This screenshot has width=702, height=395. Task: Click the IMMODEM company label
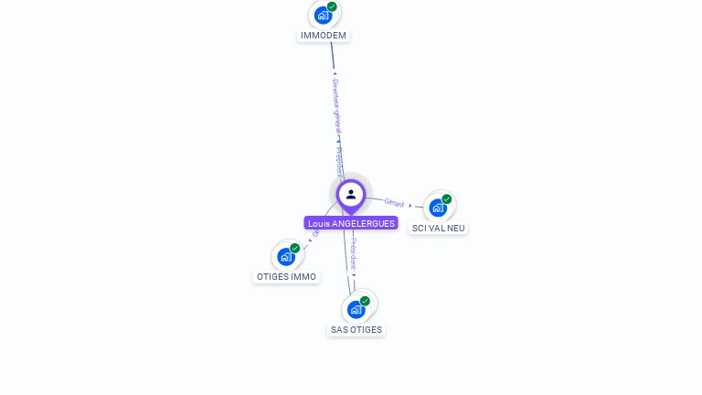tap(324, 36)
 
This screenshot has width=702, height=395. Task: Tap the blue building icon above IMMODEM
tap(323, 16)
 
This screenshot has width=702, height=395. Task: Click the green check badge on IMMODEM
tap(332, 6)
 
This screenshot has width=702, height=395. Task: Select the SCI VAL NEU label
tap(439, 228)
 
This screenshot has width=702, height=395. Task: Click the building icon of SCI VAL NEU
tap(438, 208)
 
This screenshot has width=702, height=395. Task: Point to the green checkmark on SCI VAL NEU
tap(447, 199)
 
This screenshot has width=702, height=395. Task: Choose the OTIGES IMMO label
tap(286, 276)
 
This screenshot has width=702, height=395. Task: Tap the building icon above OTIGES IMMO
tap(286, 257)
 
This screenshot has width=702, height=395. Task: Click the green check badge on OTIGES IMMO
tap(295, 248)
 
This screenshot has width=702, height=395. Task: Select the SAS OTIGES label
tap(356, 329)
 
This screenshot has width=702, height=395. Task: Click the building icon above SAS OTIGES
tap(356, 310)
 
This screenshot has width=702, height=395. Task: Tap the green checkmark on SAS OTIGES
tap(365, 301)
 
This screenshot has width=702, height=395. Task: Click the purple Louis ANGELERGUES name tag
tap(351, 223)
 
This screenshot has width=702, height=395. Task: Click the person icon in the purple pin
tap(351, 194)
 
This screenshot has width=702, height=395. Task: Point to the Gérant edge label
tap(394, 202)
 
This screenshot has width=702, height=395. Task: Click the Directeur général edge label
tap(335, 105)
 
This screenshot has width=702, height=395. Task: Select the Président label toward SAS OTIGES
tap(354, 253)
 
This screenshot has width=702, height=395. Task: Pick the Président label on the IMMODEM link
tap(340, 160)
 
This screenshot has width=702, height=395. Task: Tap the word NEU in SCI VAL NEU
tap(456, 228)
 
